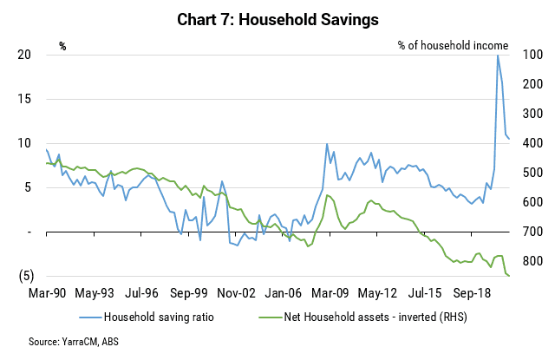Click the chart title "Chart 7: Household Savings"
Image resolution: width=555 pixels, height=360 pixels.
coord(277,19)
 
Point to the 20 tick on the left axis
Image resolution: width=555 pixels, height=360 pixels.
coord(24,55)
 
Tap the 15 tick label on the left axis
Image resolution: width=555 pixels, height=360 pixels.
coord(24,99)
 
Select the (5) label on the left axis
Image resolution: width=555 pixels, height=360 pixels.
coord(26,276)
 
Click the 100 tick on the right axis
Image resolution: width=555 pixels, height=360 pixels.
coord(532,55)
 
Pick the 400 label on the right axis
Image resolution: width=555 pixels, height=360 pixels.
coord(532,143)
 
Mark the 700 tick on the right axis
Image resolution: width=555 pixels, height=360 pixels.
coord(532,232)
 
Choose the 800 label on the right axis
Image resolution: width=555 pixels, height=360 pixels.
coord(532,261)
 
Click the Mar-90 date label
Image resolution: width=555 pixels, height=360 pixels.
coord(47,293)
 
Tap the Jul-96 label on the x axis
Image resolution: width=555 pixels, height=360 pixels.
coord(141,293)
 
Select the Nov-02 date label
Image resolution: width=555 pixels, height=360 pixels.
coord(236,293)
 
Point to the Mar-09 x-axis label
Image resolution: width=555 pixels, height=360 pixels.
coord(330,293)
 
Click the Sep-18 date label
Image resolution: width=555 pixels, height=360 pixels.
coord(472,293)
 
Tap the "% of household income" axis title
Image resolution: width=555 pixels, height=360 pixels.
coord(453,46)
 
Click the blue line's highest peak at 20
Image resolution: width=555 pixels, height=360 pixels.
coord(498,56)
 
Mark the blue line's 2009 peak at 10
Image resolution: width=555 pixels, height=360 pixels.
coord(327,144)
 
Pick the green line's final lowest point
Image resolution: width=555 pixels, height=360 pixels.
coord(509,276)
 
